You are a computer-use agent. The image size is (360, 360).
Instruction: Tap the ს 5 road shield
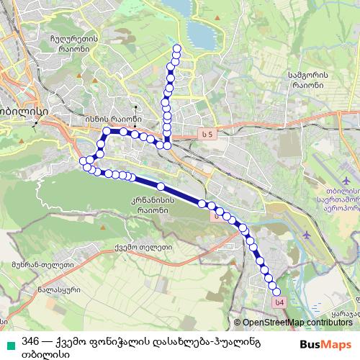[x=208, y=133]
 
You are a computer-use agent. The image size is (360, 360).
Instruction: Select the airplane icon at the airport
[x=308, y=235]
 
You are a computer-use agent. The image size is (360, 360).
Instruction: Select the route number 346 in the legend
[x=30, y=341]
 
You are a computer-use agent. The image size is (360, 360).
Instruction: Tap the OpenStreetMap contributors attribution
[x=295, y=323]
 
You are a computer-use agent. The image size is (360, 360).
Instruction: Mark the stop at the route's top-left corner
[x=106, y=131]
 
